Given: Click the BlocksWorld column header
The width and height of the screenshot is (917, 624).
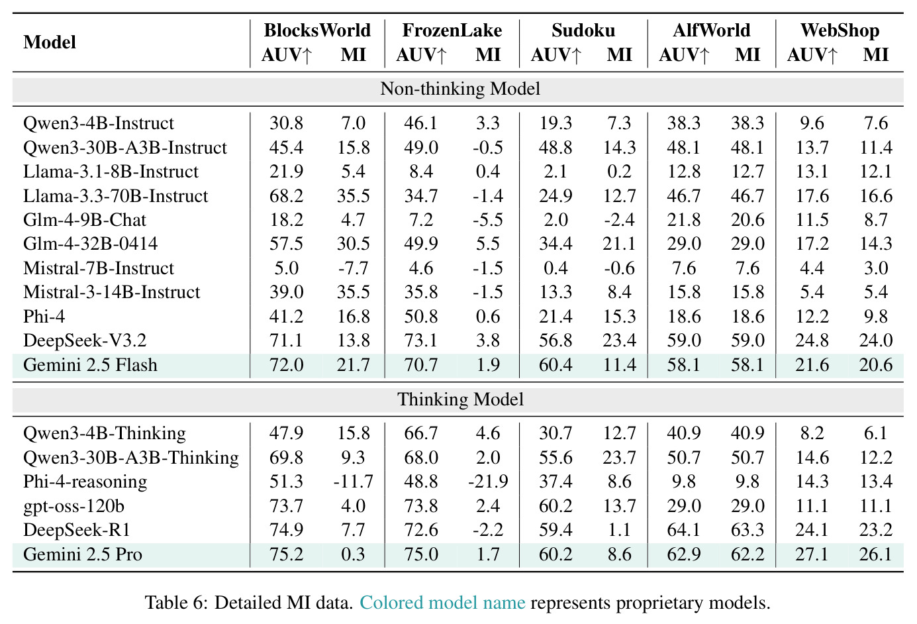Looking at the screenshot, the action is point(317,30).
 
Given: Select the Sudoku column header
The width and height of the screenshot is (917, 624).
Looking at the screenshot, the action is point(583,30).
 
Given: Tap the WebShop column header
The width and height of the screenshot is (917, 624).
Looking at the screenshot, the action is point(840,30).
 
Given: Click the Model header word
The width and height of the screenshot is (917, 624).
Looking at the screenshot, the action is point(50,42).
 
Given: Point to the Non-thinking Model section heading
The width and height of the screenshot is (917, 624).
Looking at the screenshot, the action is point(460,89).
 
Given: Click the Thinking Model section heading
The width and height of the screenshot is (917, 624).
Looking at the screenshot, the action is point(460,399).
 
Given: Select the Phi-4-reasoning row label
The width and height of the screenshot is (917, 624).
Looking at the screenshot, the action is point(85,482).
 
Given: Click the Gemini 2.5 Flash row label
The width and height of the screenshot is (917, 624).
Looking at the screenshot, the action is point(90,365).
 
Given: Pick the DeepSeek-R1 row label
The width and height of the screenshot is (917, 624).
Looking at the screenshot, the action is point(77,530).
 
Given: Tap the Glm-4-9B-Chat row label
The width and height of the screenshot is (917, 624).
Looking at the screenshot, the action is point(84,220).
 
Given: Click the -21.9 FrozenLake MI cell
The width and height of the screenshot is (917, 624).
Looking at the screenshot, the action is point(488,482).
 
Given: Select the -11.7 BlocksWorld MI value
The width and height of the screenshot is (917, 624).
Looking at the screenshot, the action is point(354,482).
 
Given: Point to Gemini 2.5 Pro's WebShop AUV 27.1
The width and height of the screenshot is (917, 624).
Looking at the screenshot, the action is point(812,554).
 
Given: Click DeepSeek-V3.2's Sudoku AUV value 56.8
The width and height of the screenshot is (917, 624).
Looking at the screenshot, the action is point(555,340).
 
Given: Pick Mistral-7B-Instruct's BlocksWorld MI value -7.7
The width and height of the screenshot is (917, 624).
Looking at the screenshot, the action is point(354,268).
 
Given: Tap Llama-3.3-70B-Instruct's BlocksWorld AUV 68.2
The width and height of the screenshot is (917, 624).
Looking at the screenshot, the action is point(286,195).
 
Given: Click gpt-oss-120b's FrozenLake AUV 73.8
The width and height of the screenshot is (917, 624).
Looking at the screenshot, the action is point(421,505).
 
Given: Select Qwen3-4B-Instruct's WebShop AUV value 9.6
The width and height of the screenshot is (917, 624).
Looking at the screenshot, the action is point(812,123).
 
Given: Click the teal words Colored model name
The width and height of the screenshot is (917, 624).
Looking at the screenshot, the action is point(442,603).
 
